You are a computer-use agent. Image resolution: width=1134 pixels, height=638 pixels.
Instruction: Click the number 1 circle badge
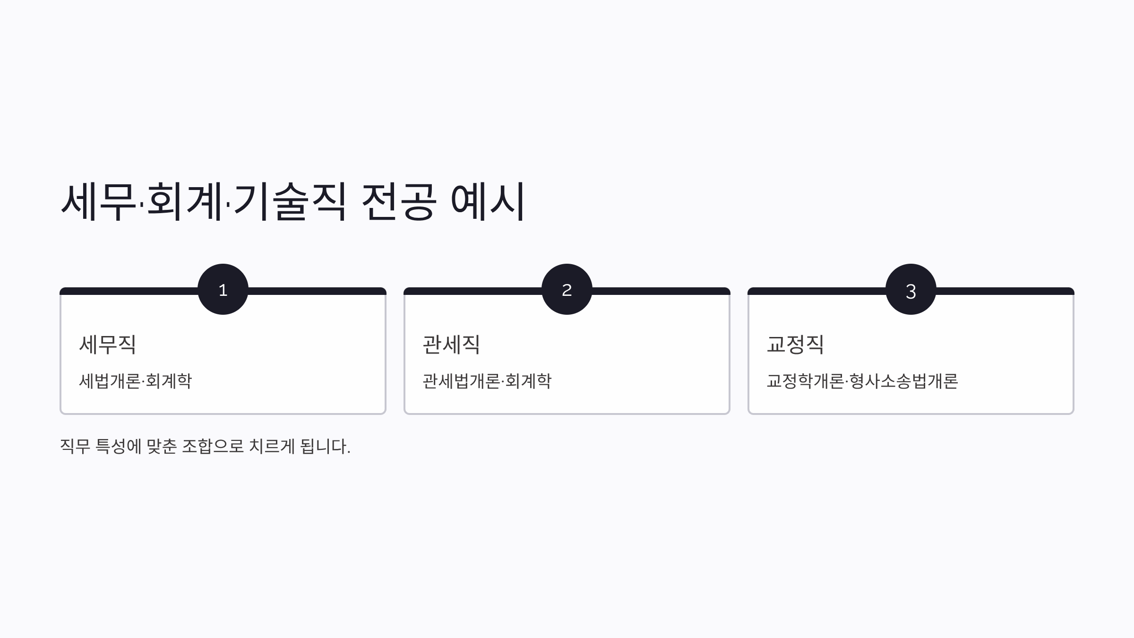click(x=223, y=289)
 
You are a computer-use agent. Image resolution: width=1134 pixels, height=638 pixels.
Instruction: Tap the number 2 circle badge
click(x=567, y=289)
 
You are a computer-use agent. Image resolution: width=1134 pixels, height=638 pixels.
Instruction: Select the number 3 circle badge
click(x=911, y=289)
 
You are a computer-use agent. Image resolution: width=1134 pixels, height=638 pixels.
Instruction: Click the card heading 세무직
click(x=108, y=344)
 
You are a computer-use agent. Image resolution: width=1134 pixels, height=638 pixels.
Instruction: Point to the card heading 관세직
click(x=451, y=344)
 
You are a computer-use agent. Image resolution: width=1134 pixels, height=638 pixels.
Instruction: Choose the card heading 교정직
click(x=795, y=344)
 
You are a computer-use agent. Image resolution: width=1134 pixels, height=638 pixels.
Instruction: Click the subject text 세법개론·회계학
click(x=135, y=381)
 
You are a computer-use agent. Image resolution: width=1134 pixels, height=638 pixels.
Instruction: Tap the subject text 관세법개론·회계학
click(x=487, y=381)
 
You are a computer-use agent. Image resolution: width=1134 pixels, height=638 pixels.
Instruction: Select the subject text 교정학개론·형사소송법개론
click(x=862, y=381)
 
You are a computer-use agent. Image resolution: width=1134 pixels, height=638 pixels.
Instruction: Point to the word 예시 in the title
click(x=488, y=201)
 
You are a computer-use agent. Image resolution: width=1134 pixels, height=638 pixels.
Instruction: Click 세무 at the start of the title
click(x=98, y=201)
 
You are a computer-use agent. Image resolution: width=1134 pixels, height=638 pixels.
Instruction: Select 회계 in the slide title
click(x=185, y=201)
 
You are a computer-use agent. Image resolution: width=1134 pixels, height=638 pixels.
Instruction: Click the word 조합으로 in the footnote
click(x=213, y=446)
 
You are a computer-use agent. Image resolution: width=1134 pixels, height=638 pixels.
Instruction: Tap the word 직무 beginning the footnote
click(x=75, y=446)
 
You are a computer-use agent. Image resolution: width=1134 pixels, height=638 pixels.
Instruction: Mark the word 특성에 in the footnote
click(x=118, y=446)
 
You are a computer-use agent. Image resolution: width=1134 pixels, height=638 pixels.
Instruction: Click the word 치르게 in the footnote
click(x=272, y=446)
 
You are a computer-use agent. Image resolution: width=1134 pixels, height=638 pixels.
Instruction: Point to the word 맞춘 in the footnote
click(x=162, y=446)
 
